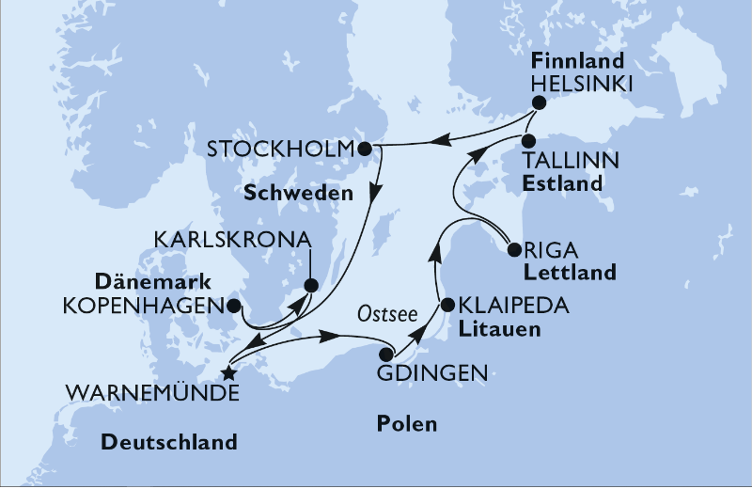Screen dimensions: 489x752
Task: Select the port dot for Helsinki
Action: (538, 104)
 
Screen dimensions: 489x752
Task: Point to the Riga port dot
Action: (513, 250)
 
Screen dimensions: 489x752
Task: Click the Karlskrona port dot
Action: (311, 286)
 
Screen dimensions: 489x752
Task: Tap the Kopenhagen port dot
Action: (234, 306)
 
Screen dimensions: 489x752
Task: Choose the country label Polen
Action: (406, 424)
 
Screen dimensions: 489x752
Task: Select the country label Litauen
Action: (492, 328)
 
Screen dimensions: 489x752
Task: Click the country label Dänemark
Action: (158, 281)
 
